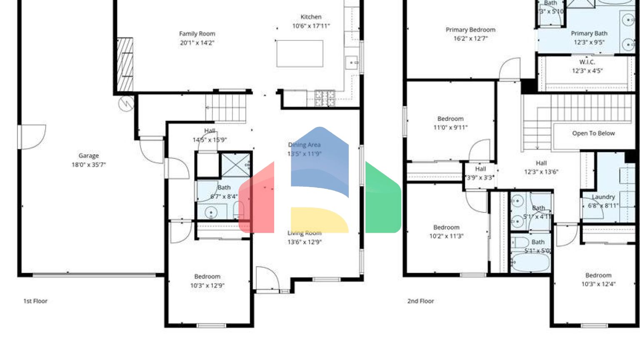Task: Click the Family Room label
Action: tap(197, 34)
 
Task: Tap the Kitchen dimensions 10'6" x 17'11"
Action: tap(311, 26)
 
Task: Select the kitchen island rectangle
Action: tap(300, 53)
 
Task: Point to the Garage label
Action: tap(88, 156)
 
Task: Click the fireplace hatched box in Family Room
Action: tap(125, 65)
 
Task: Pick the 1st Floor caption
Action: tap(35, 301)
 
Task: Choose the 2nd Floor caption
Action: tap(420, 301)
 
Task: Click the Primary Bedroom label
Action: tap(470, 30)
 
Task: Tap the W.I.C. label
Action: tap(587, 62)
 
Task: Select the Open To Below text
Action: tap(593, 133)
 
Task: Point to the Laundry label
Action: tap(603, 197)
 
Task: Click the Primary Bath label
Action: tap(589, 33)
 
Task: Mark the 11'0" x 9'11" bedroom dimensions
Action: tap(450, 127)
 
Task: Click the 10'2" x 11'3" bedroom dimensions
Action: tap(446, 236)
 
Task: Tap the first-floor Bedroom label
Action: tap(207, 277)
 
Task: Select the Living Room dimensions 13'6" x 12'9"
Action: tap(305, 242)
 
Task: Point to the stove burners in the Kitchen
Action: tap(325, 98)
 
